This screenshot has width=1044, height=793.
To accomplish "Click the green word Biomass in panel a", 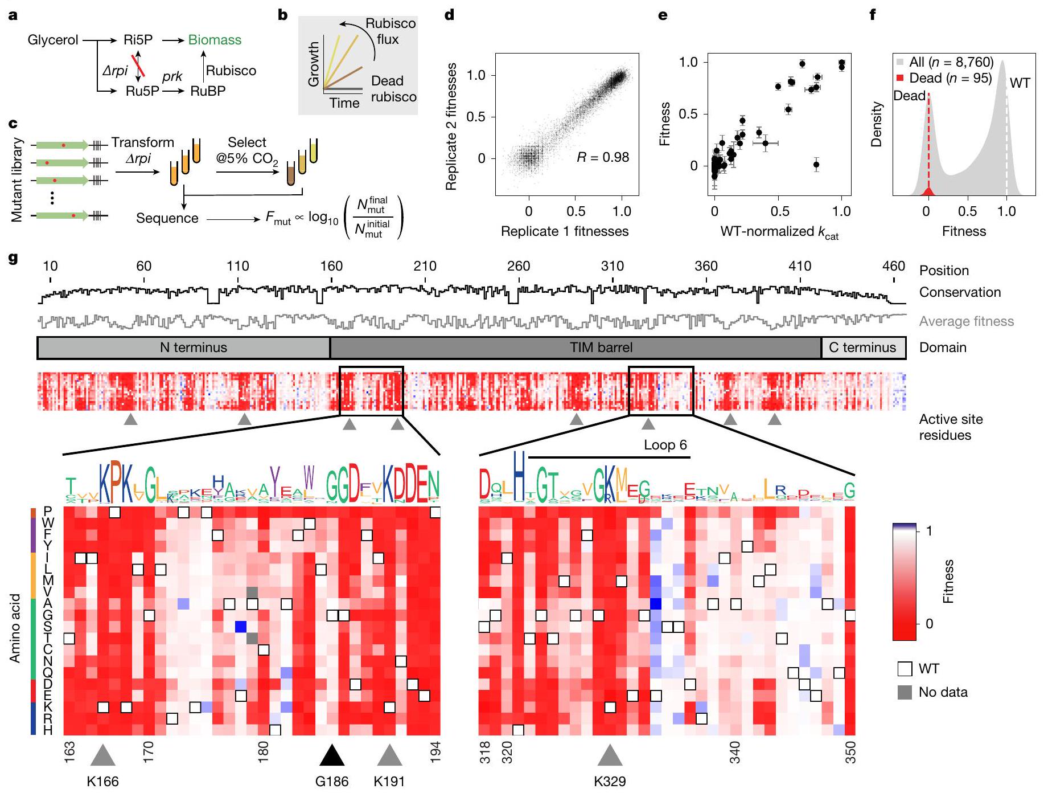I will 215,40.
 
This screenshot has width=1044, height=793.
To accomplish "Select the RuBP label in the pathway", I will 208,91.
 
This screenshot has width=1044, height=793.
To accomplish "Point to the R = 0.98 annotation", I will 603,157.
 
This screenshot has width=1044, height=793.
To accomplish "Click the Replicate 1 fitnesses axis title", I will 564,231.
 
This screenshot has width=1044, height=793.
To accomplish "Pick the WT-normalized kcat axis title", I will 779,232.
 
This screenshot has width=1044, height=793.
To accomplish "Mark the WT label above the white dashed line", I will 1020,83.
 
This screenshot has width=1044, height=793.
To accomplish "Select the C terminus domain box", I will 862,348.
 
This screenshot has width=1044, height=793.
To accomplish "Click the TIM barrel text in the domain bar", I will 601,348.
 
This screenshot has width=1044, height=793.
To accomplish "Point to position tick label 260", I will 519,266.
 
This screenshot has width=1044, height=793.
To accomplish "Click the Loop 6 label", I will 665,445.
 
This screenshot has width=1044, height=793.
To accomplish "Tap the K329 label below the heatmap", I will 610,781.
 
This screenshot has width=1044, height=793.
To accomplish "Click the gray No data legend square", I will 905,692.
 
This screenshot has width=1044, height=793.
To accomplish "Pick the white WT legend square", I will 905,669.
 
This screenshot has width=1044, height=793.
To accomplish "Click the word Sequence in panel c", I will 167,218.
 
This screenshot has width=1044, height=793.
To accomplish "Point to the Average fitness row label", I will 966,321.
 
